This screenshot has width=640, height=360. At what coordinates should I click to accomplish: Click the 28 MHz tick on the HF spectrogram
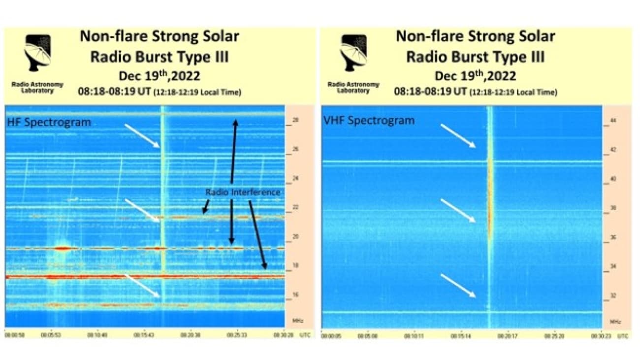click(296, 120)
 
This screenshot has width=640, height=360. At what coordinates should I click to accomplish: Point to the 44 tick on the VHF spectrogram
click(613, 120)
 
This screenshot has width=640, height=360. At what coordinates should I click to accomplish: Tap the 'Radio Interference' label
click(242, 192)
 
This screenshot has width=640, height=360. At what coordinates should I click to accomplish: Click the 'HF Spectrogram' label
click(49, 123)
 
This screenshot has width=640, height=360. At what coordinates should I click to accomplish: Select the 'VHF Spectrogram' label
click(369, 120)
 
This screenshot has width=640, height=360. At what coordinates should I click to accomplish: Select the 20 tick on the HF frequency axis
click(296, 237)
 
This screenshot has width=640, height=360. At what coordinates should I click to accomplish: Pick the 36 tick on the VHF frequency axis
click(613, 237)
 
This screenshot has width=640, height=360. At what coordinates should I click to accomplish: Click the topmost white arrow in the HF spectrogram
click(142, 136)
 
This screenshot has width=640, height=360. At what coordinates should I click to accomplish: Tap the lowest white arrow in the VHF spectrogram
click(458, 286)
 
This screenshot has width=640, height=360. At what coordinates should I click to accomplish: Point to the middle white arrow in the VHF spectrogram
click(458, 211)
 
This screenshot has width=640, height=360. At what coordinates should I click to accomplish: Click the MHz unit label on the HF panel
click(297, 321)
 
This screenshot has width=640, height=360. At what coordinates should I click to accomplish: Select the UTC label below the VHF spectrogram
click(622, 336)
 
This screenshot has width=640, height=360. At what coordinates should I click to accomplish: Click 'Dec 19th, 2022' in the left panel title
click(159, 76)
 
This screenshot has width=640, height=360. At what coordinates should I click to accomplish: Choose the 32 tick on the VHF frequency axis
click(613, 296)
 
